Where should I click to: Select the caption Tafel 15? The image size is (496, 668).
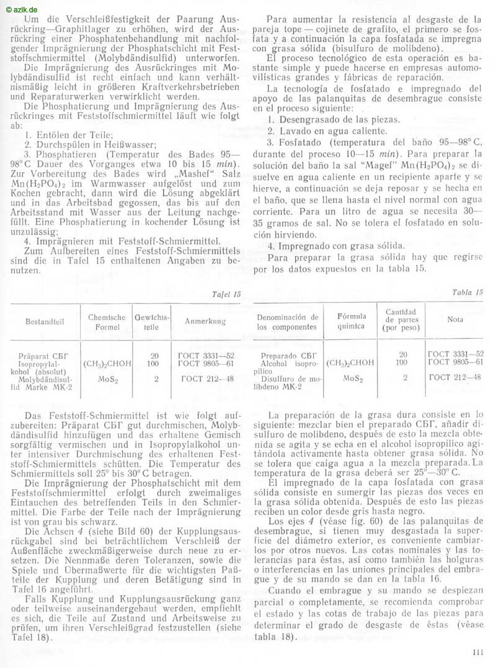[227, 294]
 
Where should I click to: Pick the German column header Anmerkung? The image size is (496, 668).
[205, 322]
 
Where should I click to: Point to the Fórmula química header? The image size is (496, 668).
[352, 321]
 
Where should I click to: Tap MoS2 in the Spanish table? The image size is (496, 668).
[352, 377]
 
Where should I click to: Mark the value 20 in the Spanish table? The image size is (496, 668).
[403, 354]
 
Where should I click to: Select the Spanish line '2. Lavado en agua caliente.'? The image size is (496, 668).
[323, 131]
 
